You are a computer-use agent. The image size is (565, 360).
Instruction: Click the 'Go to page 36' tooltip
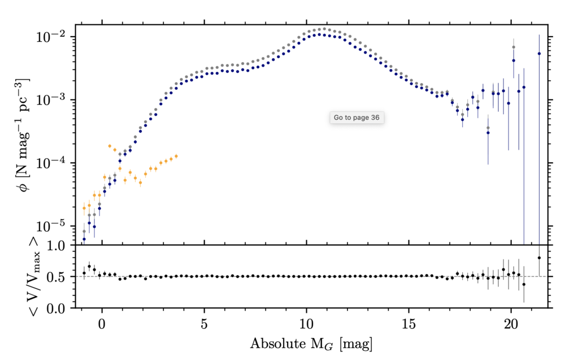(x=357, y=118)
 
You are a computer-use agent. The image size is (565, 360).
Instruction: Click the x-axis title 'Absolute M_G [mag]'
(x=311, y=343)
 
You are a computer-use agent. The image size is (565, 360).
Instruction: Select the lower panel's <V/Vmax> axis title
(x=23, y=277)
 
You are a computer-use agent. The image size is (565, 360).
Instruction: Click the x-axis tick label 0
(x=102, y=326)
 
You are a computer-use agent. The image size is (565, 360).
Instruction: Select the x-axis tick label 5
(x=204, y=326)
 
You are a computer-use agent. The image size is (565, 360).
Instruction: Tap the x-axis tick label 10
(x=306, y=326)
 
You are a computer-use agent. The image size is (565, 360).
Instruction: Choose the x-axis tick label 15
(x=408, y=326)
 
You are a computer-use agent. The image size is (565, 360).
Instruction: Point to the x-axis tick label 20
(x=511, y=326)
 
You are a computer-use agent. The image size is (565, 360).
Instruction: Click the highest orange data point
(x=110, y=146)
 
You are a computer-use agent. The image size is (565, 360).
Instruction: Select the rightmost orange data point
(x=176, y=156)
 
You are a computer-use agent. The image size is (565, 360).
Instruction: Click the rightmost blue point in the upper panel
(x=539, y=54)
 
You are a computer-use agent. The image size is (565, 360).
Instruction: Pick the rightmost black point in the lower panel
(x=539, y=258)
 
